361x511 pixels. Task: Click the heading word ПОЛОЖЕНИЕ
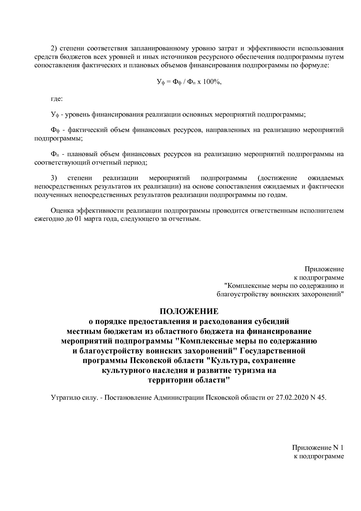tap(189, 311)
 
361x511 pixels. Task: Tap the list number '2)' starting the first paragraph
tap(55, 48)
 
